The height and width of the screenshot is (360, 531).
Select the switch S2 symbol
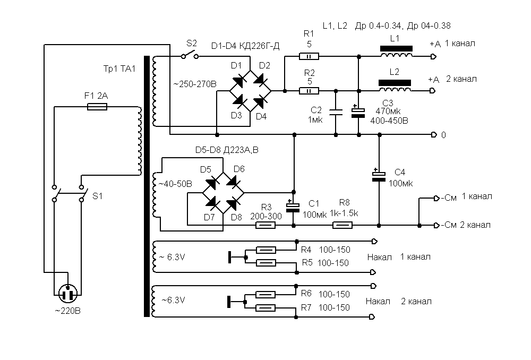pyautogui.click(x=189, y=55)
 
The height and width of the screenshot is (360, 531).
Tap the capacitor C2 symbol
pyautogui.click(x=336, y=112)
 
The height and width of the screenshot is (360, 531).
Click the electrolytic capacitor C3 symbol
pyautogui.click(x=359, y=112)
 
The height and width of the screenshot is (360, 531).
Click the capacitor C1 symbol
pyautogui.click(x=293, y=208)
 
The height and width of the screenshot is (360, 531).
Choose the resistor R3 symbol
pyautogui.click(x=265, y=225)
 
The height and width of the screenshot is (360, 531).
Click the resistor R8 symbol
pyautogui.click(x=342, y=225)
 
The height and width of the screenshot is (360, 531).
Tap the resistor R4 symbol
pyautogui.click(x=265, y=250)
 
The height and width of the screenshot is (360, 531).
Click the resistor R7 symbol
pyautogui.click(x=265, y=308)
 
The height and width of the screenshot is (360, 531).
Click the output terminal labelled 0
pyautogui.click(x=434, y=134)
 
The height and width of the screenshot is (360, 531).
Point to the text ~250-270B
pyautogui.click(x=195, y=84)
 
